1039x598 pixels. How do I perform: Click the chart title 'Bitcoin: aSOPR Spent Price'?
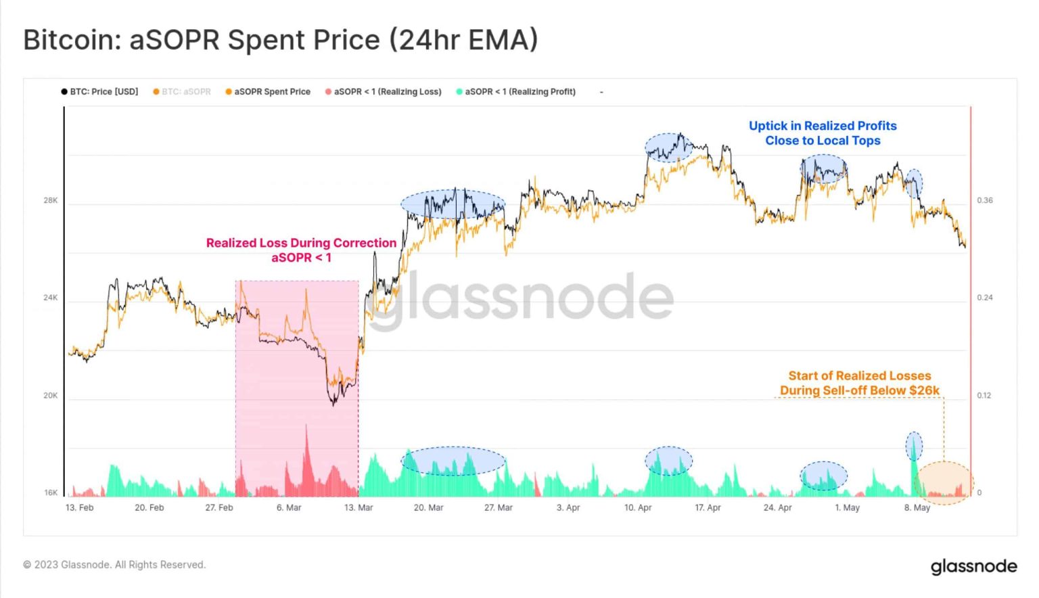[280, 40]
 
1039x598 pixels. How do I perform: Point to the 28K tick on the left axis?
[51, 200]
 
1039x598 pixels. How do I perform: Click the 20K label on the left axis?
[51, 396]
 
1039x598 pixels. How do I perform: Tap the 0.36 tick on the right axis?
[985, 200]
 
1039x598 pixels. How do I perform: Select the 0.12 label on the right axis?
[985, 396]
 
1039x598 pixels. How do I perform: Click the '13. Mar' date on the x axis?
[359, 507]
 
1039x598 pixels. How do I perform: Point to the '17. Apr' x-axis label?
[708, 507]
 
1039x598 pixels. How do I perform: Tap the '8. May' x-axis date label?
[917, 507]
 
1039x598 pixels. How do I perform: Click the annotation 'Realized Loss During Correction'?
[301, 243]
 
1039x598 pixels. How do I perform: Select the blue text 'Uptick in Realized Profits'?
[823, 126]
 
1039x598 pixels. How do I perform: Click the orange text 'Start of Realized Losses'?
[860, 375]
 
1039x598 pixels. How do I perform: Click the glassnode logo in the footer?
[973, 566]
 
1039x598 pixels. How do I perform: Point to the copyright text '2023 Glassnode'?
[114, 565]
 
